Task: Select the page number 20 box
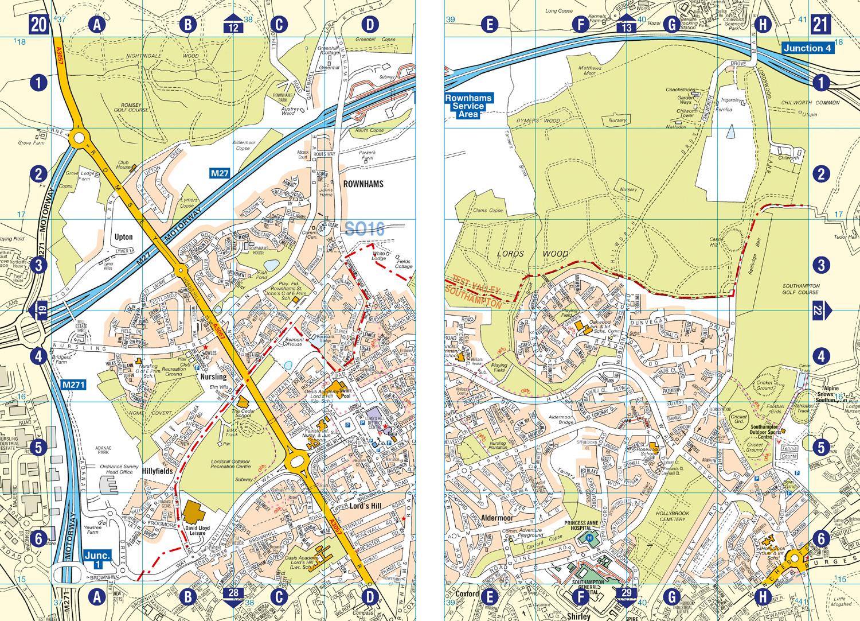tap(40, 25)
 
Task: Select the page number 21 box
tap(820, 25)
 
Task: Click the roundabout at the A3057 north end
tap(79, 139)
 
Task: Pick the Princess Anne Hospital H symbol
tap(589, 538)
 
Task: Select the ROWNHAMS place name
tap(362, 184)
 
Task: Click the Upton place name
tap(123, 236)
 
